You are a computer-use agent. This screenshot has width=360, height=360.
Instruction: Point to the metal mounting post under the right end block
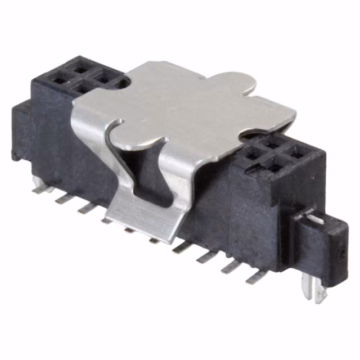[308, 290]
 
